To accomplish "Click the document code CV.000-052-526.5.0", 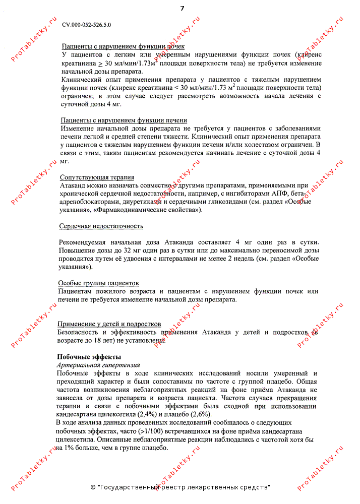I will (x=87, y=24).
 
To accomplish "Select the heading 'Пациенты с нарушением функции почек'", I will (x=123, y=46).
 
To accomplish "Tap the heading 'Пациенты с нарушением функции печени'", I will (x=124, y=120).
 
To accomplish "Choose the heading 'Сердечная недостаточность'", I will (x=101, y=226).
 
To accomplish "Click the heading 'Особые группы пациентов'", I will (x=98, y=283).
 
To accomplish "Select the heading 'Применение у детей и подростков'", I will (x=109, y=324).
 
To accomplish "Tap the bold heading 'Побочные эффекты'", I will (x=86, y=357).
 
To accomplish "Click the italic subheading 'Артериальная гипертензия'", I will (x=98, y=365).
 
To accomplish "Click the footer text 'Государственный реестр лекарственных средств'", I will (x=184, y=488).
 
